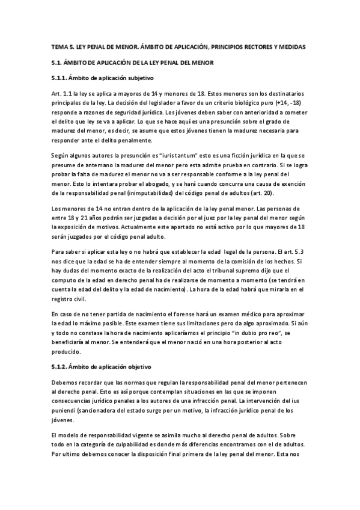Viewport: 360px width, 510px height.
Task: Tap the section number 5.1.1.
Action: (59, 78)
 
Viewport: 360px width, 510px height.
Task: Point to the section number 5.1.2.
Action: (59, 366)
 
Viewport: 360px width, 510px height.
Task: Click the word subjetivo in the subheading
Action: (139, 78)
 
